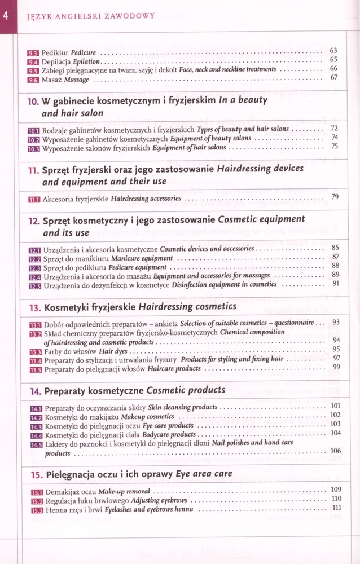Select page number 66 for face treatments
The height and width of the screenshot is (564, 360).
click(x=334, y=69)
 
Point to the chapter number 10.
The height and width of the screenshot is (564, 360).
click(x=33, y=102)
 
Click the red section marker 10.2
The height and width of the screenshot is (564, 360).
click(x=34, y=138)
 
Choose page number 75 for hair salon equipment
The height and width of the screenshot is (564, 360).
click(x=335, y=147)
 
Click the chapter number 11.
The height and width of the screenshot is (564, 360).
click(x=33, y=169)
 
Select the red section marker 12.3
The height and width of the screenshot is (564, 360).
click(x=34, y=267)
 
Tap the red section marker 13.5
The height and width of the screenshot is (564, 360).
click(x=35, y=368)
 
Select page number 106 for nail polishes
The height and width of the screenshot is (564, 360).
click(x=335, y=451)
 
